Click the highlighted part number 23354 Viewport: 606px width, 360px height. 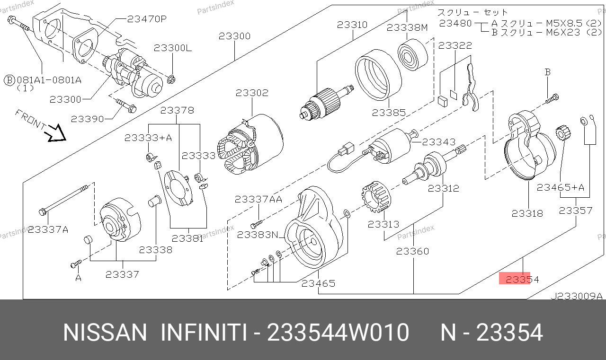522,279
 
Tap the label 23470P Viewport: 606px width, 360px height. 147,19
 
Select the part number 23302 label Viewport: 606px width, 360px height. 252,93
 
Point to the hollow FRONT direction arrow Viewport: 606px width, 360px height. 55,133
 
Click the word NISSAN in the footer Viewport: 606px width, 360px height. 105,332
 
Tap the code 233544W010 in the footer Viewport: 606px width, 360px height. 338,332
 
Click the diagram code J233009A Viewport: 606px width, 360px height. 577,296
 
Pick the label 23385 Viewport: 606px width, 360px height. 389,113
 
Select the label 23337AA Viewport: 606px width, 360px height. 258,200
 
